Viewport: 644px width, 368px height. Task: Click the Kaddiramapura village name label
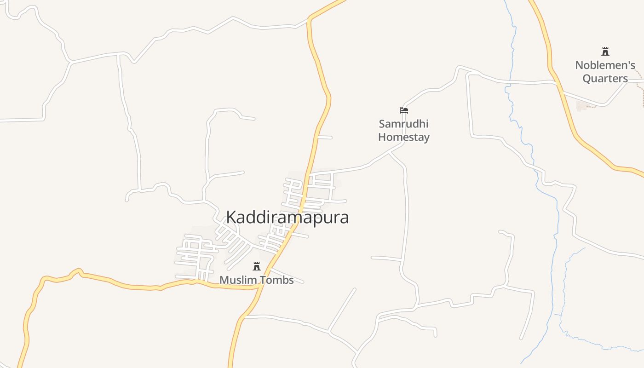287,217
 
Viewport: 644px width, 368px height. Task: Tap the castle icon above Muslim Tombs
257,266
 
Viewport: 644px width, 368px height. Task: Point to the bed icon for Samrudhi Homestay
404,110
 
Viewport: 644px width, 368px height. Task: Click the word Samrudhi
403,124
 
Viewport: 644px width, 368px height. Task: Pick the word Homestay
404,137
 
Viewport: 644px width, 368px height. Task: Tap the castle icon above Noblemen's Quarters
605,52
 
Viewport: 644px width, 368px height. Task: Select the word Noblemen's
605,65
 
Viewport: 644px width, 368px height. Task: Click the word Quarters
605,78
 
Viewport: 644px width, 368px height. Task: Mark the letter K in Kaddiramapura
231,218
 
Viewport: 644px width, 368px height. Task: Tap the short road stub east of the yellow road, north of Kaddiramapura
325,137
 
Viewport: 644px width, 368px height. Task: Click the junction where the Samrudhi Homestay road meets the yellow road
309,174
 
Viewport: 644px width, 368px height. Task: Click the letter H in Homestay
382,137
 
